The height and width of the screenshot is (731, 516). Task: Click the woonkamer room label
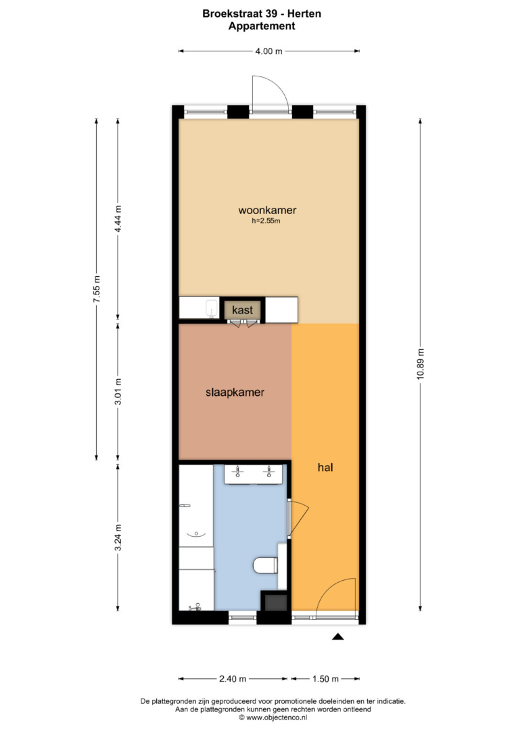tap(267, 211)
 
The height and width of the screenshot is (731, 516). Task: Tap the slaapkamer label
tap(235, 393)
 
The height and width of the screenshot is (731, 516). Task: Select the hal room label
tap(325, 467)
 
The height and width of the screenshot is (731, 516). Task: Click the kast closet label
tap(242, 310)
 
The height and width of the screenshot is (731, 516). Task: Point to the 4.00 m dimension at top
tap(268, 51)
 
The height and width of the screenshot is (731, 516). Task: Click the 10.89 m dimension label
tap(421, 364)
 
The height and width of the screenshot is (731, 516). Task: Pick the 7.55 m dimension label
tap(97, 289)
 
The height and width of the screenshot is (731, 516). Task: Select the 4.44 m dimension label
tap(118, 219)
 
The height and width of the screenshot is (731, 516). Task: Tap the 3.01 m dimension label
tap(118, 391)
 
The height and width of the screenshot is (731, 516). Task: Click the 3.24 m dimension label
tap(118, 537)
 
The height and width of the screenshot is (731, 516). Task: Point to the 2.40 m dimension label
tap(233, 679)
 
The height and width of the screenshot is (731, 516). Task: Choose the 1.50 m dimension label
tap(325, 679)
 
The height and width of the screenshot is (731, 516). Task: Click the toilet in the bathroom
tap(266, 566)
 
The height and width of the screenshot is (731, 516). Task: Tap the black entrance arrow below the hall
tap(337, 636)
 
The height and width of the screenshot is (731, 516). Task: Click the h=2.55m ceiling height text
tap(266, 221)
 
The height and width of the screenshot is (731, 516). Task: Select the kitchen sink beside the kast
tap(212, 309)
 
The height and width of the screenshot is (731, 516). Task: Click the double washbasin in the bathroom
tap(254, 474)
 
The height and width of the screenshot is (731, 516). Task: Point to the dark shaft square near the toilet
tap(276, 602)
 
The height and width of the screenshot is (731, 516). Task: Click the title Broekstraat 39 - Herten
tap(262, 14)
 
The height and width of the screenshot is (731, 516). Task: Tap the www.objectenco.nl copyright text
tap(273, 718)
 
